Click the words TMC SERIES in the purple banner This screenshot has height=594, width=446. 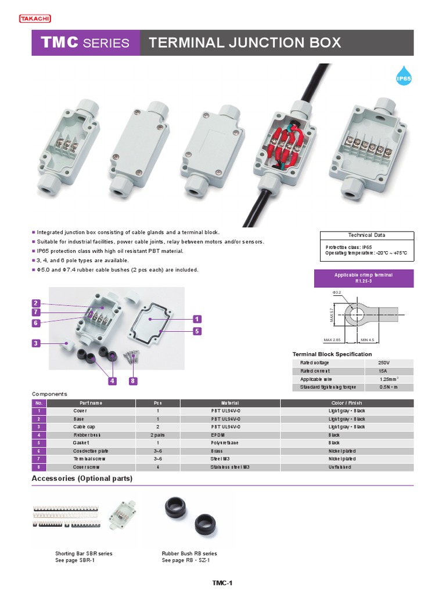pos(85,43)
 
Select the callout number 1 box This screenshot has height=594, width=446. pos(197,319)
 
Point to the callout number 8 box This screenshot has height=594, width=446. pos(133,381)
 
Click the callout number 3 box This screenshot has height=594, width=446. pos(36,343)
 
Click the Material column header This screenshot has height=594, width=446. pos(230,403)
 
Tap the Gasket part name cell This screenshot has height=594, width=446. pos(81,443)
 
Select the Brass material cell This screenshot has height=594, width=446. pos(217,451)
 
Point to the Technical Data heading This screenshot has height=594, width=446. pos(366,235)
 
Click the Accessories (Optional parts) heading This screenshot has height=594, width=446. pos(82,479)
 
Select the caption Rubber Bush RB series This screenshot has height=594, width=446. pos(189,553)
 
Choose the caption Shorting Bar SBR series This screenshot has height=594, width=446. pos(84,553)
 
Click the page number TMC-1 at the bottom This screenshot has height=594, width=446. pos(222,583)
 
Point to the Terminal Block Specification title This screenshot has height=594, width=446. pos(332,354)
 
